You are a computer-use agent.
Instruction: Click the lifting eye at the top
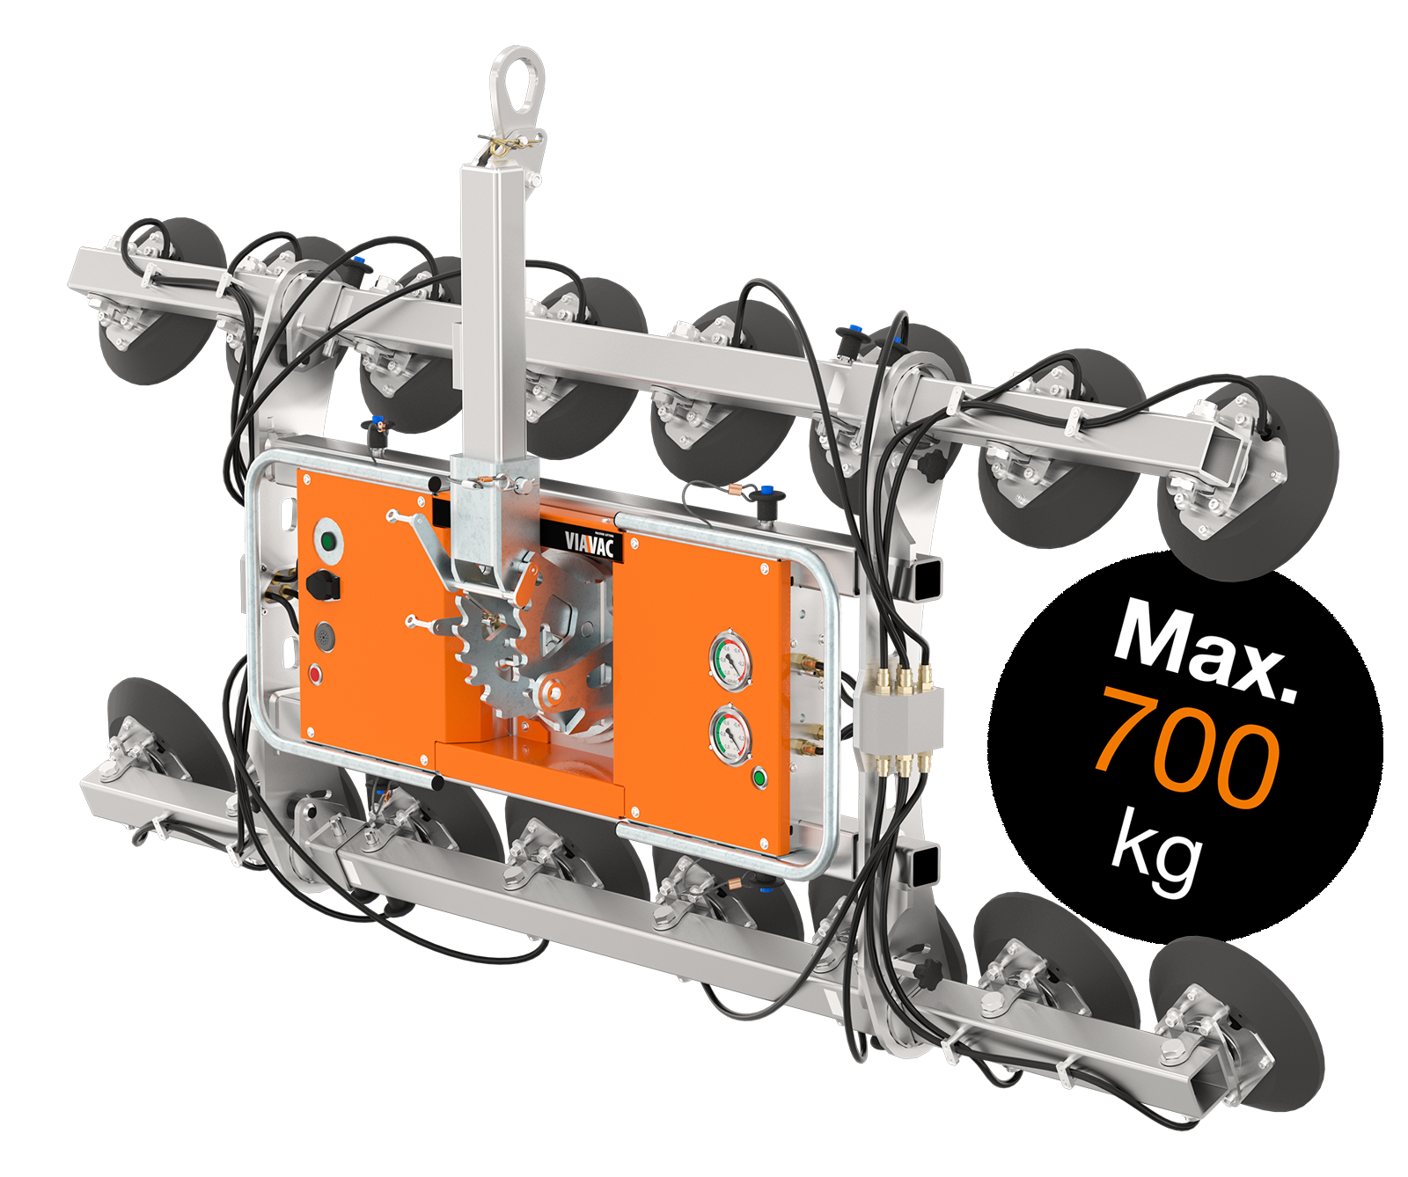pyautogui.click(x=517, y=84)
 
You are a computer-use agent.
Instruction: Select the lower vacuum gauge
pyautogui.click(x=730, y=735)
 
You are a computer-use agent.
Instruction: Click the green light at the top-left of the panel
pyautogui.click(x=328, y=540)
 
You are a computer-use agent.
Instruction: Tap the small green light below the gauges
pyautogui.click(x=759, y=778)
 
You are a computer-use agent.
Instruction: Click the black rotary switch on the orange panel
pyautogui.click(x=323, y=583)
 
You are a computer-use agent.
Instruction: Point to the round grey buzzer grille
pyautogui.click(x=325, y=636)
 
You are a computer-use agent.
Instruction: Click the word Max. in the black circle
pyautogui.click(x=1206, y=647)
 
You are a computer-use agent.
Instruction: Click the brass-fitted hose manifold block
pyautogui.click(x=898, y=717)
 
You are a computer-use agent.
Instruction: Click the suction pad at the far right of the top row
pyautogui.click(x=1267, y=475)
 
